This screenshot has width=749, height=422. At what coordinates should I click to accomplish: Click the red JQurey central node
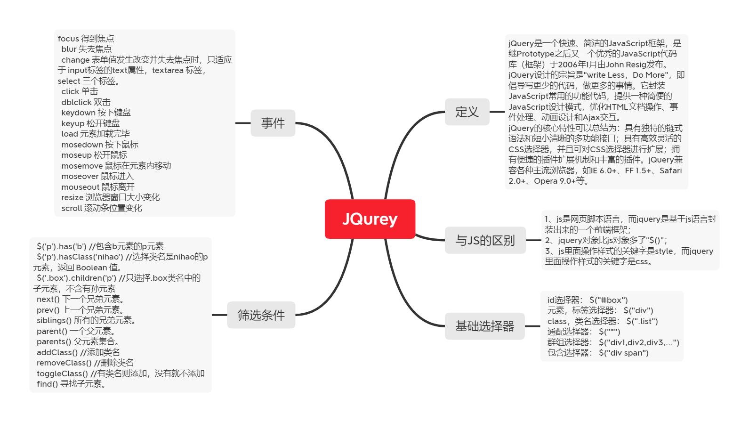370,219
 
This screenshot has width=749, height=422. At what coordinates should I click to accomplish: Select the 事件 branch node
273,123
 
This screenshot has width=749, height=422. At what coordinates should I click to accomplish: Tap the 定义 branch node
467,112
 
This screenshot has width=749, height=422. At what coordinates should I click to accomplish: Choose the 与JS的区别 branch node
485,240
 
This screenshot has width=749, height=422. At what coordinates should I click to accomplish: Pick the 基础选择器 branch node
484,326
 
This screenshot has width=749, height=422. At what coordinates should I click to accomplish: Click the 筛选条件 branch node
261,315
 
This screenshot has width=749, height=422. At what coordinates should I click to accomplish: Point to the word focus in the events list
68,39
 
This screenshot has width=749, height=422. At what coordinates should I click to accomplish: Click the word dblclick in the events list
76,102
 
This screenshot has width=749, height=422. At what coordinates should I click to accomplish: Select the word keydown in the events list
78,113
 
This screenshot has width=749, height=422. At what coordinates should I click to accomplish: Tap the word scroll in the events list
72,208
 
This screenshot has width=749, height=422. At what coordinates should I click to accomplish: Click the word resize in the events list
72,197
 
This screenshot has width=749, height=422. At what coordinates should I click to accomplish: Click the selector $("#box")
608,300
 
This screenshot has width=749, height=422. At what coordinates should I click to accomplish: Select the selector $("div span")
623,353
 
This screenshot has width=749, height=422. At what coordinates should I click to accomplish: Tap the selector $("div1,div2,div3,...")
639,342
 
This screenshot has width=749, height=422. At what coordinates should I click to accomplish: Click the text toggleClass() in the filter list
62,373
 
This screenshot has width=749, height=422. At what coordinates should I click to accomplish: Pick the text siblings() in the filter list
54,320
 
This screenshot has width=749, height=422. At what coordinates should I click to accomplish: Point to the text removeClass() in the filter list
64,363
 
